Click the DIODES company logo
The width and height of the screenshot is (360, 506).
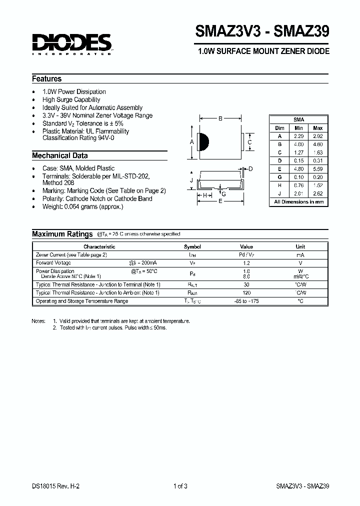72,43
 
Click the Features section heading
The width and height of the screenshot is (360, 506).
47,79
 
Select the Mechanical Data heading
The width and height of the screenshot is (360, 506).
60,155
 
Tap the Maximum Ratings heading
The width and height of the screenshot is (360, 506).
62,234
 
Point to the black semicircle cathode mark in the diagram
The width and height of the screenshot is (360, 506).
203,142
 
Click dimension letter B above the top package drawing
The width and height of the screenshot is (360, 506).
220,118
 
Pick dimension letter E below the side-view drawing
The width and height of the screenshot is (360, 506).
220,201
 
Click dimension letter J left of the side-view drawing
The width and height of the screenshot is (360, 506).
191,180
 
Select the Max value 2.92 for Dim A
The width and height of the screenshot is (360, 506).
317,136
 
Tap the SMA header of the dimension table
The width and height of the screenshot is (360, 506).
298,119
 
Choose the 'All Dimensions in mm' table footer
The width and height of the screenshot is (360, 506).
298,202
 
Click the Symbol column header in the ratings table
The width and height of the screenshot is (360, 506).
192,246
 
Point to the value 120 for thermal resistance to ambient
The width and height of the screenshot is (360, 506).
246,292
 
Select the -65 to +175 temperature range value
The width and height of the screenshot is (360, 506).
246,301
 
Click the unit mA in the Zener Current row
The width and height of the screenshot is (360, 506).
300,254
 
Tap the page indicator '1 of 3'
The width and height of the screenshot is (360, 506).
180,486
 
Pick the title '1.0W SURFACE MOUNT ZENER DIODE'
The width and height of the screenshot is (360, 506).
263,51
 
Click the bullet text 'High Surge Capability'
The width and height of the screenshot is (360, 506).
71,99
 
